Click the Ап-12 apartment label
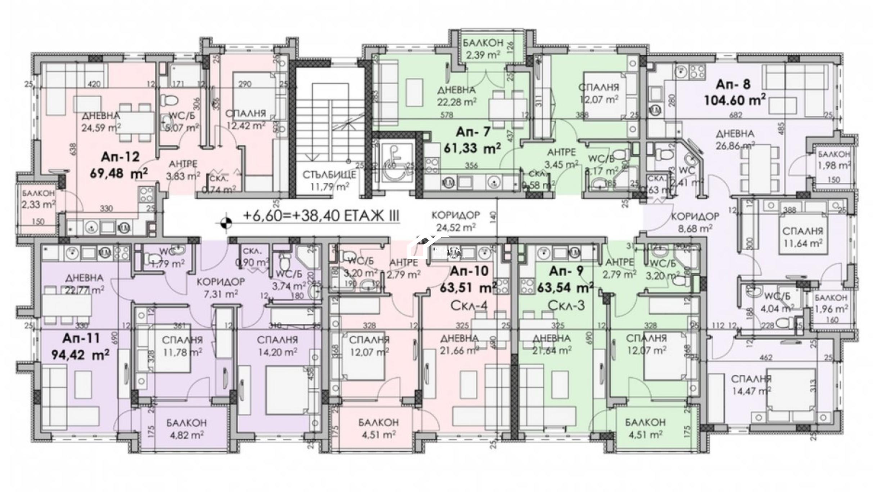120,157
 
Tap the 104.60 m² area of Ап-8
734,100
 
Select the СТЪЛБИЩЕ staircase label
329,175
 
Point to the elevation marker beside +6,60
225,223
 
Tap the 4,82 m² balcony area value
186,434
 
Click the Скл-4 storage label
469,305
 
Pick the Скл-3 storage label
566,305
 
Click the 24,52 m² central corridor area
456,227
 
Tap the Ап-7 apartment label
473,132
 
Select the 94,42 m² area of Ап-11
81,355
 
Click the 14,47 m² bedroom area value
751,391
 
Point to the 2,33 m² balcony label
39,205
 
